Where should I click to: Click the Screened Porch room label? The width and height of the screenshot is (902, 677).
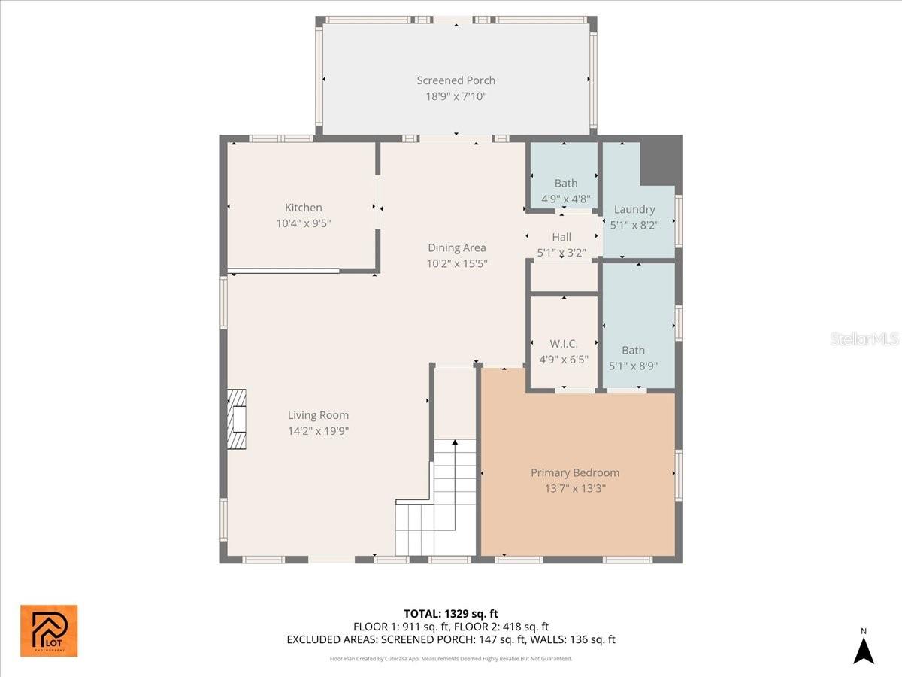(x=456, y=80)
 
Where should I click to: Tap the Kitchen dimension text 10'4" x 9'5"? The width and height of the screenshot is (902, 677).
(x=303, y=223)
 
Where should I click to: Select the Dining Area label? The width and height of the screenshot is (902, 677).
(x=456, y=247)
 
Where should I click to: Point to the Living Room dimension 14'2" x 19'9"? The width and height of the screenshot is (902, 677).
(x=318, y=431)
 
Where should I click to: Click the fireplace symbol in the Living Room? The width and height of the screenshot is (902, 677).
(x=237, y=419)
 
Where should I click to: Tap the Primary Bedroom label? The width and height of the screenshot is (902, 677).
(x=575, y=472)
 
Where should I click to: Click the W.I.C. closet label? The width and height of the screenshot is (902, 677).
(x=564, y=343)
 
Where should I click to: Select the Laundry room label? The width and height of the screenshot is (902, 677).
(x=634, y=210)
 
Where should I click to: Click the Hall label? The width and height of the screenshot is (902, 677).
(x=561, y=237)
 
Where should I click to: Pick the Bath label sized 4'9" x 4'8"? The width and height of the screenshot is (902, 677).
(x=566, y=184)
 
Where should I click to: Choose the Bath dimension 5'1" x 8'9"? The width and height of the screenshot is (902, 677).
(x=633, y=366)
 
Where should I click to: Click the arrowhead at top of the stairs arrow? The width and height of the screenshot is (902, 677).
(x=455, y=442)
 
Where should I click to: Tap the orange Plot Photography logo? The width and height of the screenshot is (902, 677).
(x=49, y=630)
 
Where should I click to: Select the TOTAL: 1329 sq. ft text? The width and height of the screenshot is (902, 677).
(x=451, y=614)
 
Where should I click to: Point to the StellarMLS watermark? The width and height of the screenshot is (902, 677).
(x=864, y=338)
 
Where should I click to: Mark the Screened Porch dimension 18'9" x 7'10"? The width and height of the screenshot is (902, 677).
(x=456, y=96)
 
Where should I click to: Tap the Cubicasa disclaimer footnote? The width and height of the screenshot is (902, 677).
(x=451, y=658)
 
